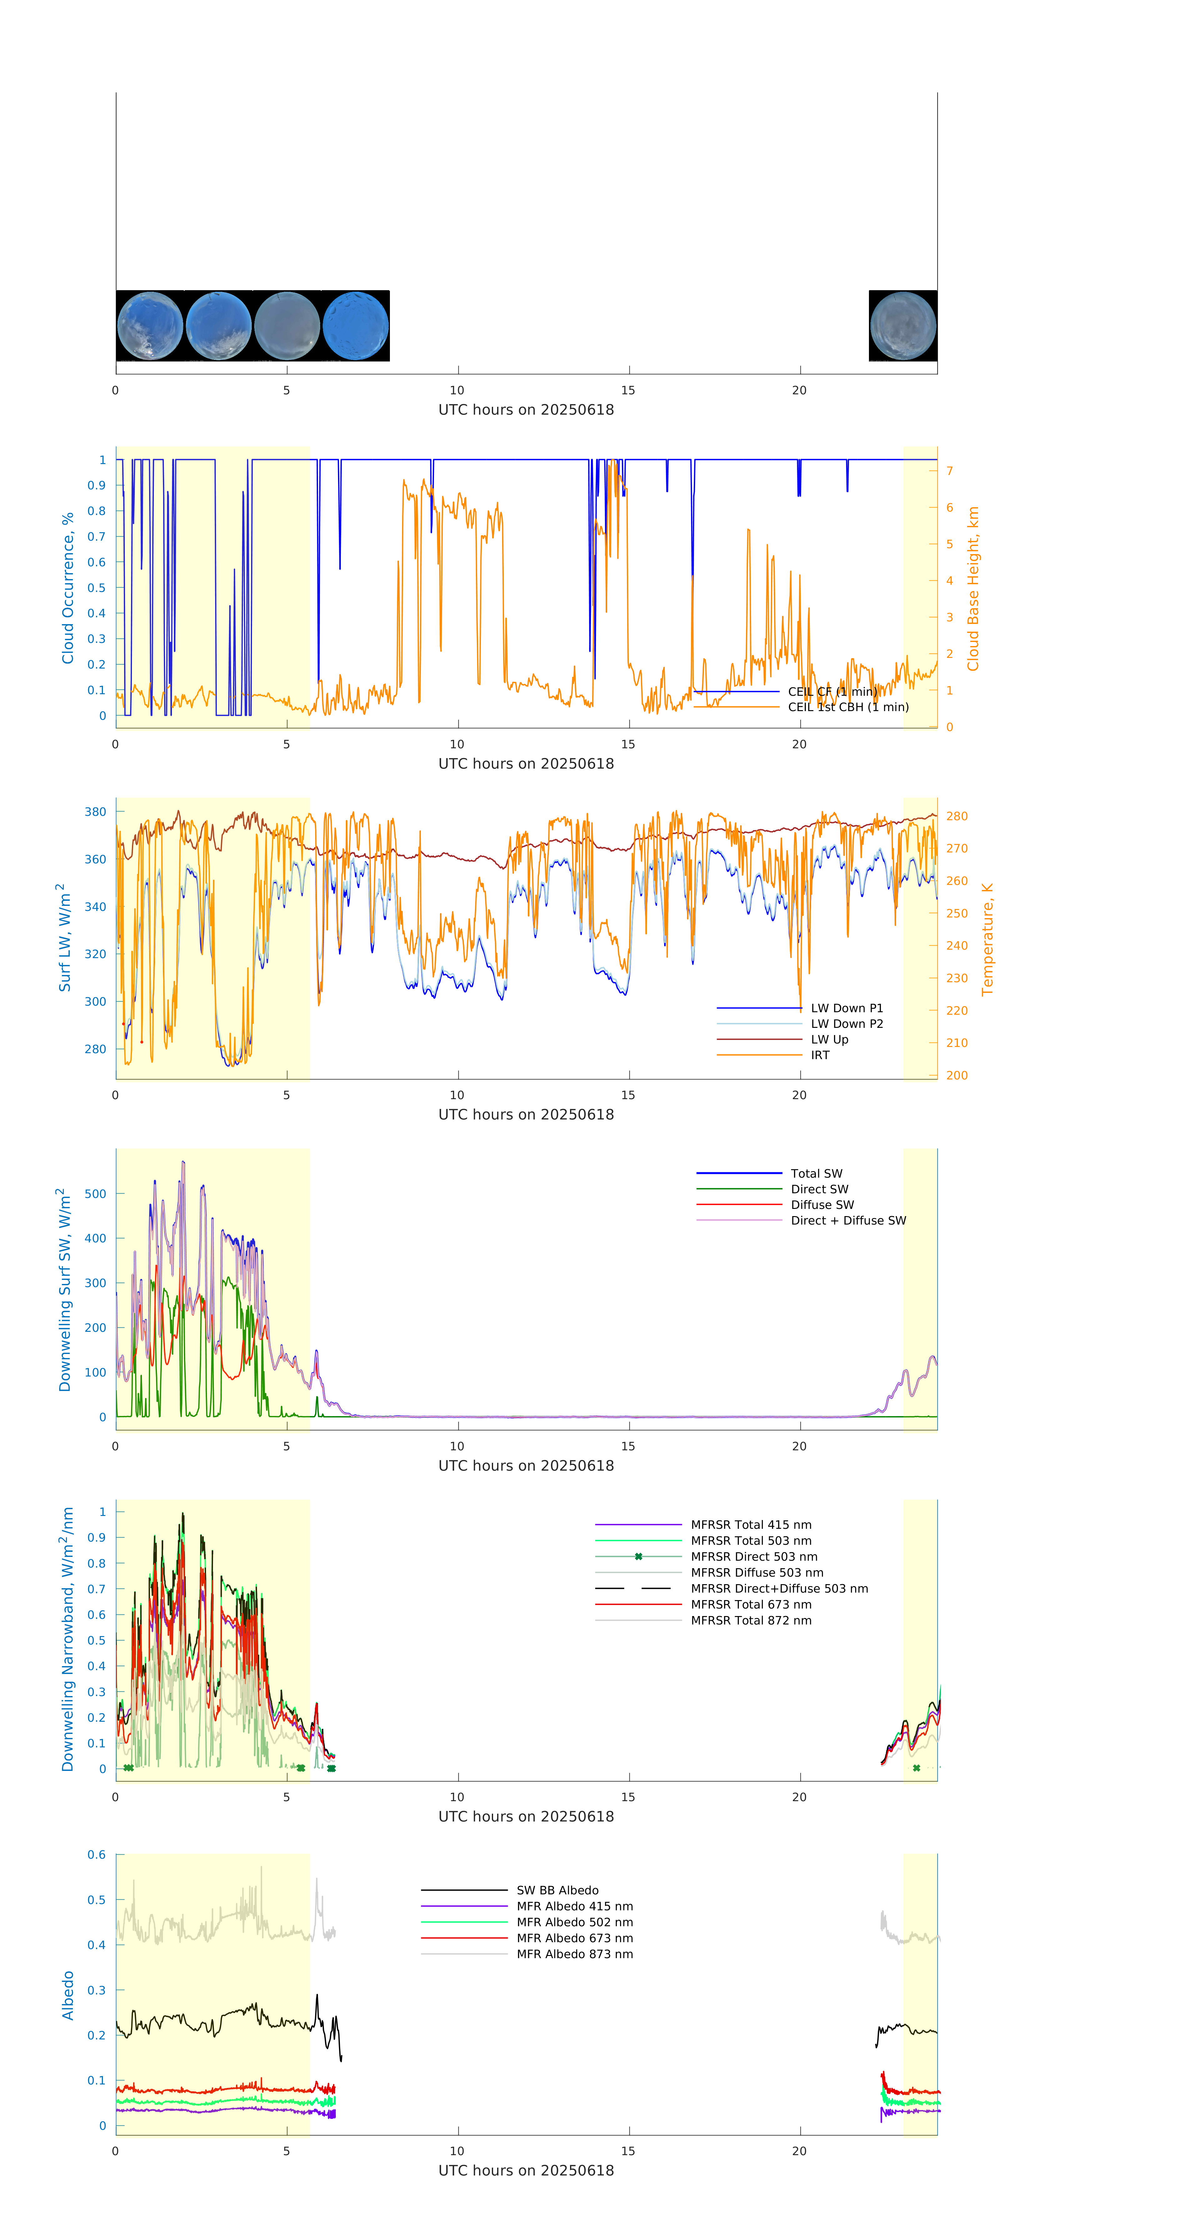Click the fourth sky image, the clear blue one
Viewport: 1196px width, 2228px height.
tap(356, 326)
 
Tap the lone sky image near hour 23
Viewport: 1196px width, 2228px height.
tap(903, 326)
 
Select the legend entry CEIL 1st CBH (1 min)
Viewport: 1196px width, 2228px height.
tap(847, 707)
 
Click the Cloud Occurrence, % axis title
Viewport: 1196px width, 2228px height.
tap(68, 588)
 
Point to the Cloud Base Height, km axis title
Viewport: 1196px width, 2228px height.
tap(973, 588)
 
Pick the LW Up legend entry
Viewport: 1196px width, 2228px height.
tap(829, 1040)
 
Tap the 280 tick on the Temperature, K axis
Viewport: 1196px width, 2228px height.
tap(956, 816)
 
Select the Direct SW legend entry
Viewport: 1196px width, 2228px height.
tap(819, 1189)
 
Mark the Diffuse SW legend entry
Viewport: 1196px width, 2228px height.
tap(821, 1205)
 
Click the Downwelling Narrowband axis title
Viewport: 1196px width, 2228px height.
tap(68, 1639)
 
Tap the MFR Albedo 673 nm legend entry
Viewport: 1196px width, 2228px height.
tap(574, 1938)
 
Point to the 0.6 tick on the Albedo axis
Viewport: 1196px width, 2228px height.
tap(96, 1854)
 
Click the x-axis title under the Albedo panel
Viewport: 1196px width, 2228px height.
tap(526, 2171)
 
